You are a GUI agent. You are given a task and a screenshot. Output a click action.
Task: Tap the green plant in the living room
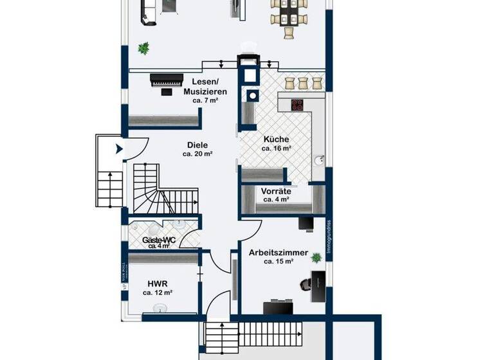tap(143, 48)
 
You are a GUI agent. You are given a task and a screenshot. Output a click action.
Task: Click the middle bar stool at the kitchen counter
tap(302, 83)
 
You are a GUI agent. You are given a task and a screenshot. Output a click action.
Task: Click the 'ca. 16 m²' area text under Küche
tap(276, 148)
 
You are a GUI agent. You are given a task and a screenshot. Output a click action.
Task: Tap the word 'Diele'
tap(197, 145)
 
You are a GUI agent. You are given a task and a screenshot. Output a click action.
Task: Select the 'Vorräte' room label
tap(276, 191)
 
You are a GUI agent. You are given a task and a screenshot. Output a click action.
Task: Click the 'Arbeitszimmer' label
tap(279, 253)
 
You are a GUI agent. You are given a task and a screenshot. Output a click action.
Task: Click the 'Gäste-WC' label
tap(158, 239)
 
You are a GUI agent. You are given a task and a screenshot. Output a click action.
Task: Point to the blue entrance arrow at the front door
tap(119, 150)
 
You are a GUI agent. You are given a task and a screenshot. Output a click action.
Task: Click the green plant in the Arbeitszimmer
tap(316, 258)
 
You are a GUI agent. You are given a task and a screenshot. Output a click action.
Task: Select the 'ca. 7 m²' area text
tap(205, 101)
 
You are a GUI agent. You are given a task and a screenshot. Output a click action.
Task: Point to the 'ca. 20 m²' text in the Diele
tap(197, 154)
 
